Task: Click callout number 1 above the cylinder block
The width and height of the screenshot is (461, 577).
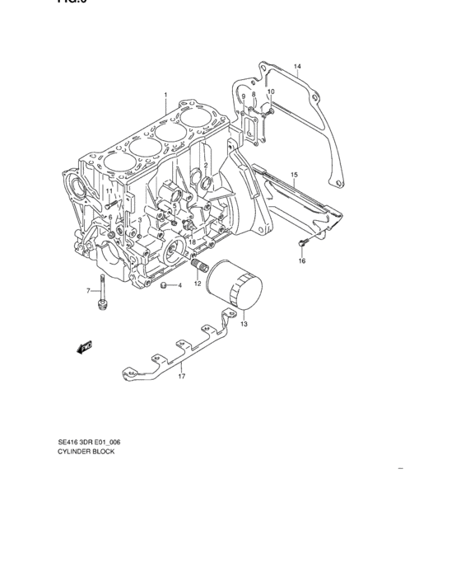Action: [x=165, y=96]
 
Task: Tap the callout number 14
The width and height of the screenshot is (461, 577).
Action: [x=298, y=66]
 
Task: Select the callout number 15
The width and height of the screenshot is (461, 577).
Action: [x=294, y=175]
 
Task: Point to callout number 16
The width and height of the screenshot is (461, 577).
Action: [x=301, y=261]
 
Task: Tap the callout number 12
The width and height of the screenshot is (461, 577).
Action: [x=198, y=284]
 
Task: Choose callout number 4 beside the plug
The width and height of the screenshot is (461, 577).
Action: [x=179, y=286]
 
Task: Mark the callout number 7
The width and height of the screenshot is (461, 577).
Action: [x=89, y=291]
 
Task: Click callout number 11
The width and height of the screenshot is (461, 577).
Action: [x=108, y=191]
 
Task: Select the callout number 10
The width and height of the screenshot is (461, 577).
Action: [x=270, y=91]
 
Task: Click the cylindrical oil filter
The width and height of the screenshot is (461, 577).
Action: [x=235, y=289]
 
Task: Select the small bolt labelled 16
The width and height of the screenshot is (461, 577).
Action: [x=301, y=243]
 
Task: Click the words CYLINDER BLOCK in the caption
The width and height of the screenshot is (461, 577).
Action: [x=86, y=453]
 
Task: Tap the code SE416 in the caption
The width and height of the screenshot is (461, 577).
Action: [x=69, y=443]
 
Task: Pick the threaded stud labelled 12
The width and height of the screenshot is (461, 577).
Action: [x=198, y=267]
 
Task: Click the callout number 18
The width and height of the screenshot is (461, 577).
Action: [x=191, y=242]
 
